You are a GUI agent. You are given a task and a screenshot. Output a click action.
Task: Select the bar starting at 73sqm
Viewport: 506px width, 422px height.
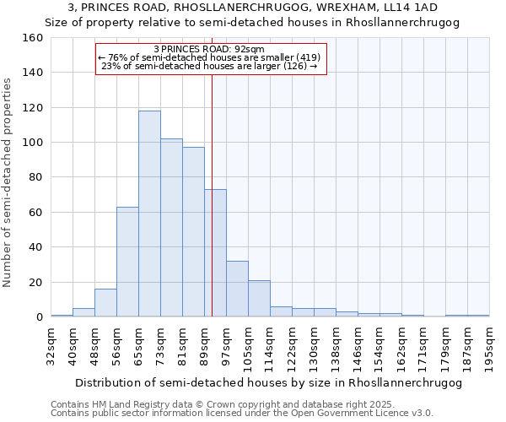(x=171, y=228)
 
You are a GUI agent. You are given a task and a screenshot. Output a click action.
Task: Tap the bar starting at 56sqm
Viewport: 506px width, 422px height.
(x=127, y=262)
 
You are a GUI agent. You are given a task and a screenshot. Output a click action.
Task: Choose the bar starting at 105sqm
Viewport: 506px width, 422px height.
(x=259, y=299)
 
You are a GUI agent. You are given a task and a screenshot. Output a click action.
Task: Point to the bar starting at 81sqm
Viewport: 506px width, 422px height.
(x=193, y=232)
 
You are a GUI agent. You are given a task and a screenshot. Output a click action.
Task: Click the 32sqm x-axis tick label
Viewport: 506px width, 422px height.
(x=51, y=346)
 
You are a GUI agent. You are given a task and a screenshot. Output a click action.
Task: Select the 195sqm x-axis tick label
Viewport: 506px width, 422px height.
(x=490, y=346)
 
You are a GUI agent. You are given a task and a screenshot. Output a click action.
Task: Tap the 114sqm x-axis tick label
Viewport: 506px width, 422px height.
(x=271, y=346)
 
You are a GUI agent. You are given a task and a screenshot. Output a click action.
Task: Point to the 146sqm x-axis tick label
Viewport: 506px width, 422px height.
(x=358, y=346)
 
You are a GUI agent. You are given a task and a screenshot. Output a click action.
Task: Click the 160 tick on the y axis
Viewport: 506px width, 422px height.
(x=33, y=38)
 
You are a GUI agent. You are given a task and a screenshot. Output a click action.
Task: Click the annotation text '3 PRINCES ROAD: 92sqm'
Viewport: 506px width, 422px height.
(x=210, y=49)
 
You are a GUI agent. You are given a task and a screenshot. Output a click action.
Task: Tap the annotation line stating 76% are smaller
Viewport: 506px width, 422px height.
(x=210, y=57)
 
